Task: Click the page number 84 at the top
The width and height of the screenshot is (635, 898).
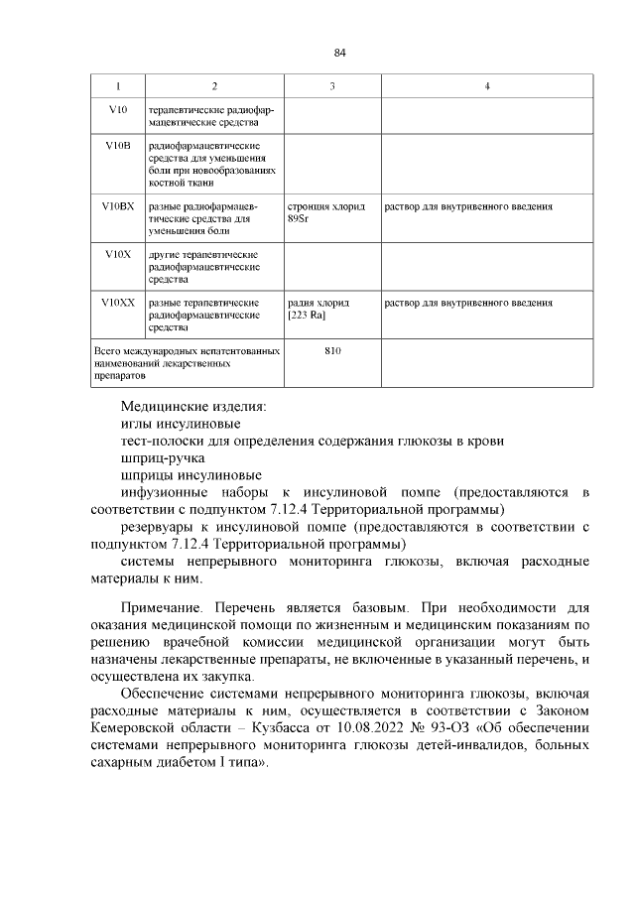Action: coord(339,53)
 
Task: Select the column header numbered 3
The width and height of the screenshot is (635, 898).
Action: coord(331,86)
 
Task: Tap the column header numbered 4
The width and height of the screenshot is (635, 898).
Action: coord(487,86)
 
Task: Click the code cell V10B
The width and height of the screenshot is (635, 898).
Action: coord(118,146)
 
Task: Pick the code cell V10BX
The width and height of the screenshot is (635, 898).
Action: coord(118,206)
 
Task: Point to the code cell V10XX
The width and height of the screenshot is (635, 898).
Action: coord(118,302)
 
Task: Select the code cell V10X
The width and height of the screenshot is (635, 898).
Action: coord(118,254)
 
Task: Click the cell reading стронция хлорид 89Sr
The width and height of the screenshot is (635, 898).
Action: coord(325,212)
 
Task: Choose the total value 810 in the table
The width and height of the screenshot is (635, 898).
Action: coord(332,351)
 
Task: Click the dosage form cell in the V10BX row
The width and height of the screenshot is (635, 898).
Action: coord(468,206)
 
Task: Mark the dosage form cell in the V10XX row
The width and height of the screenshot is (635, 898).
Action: coord(468,302)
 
